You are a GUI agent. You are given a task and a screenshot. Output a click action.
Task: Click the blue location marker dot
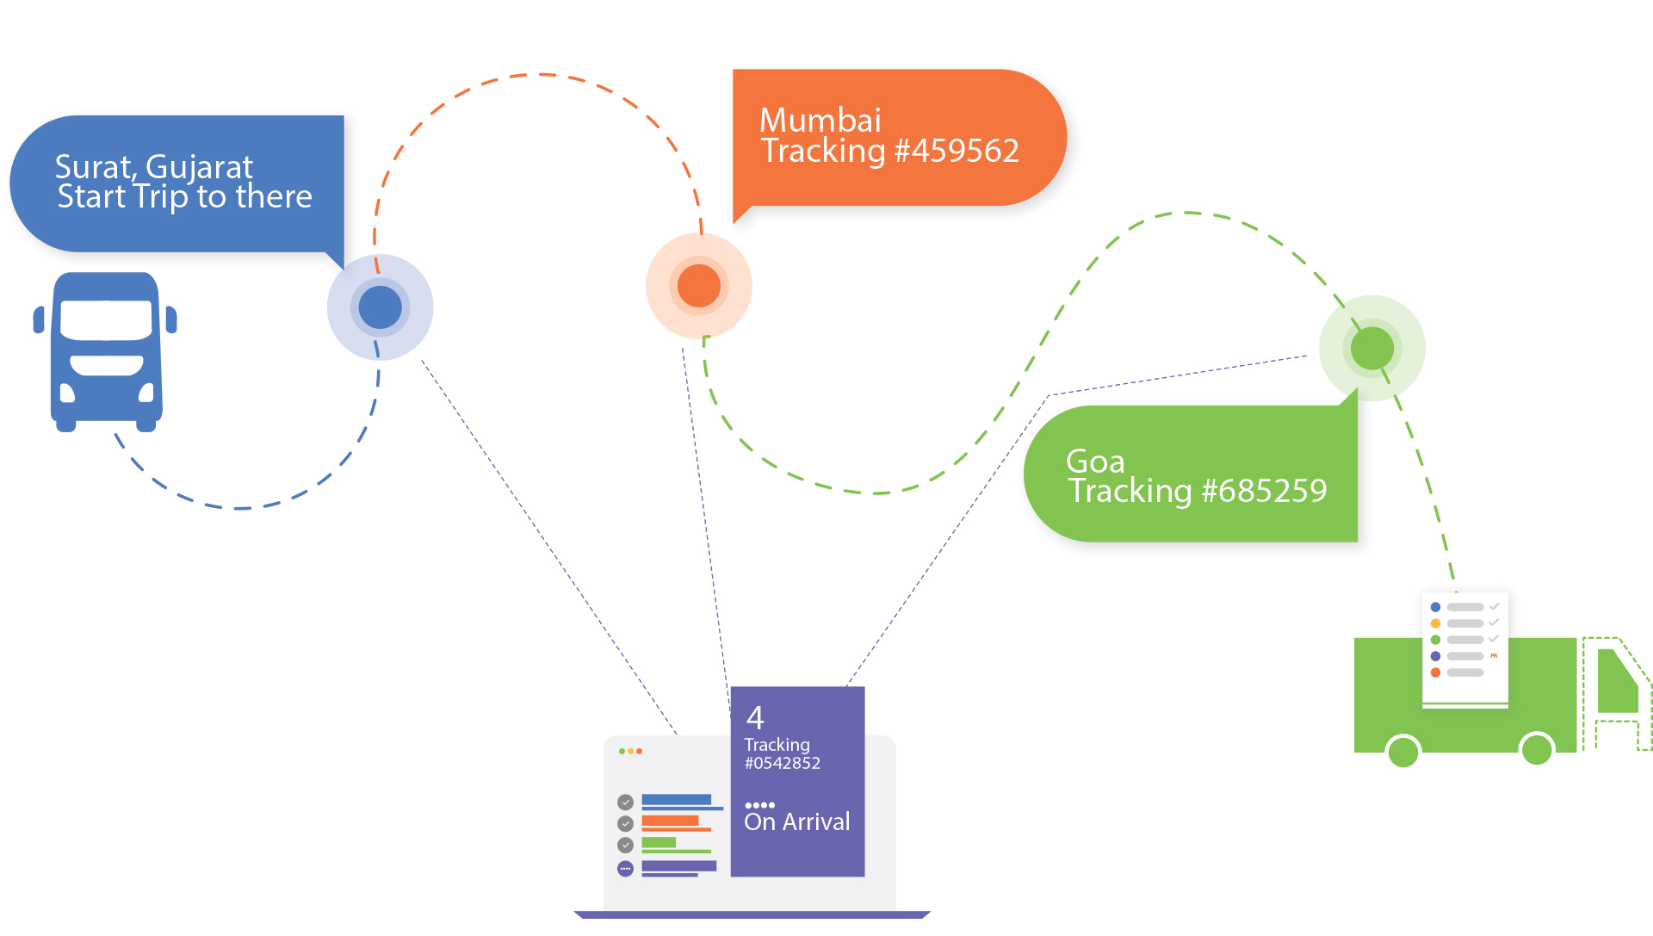tap(380, 307)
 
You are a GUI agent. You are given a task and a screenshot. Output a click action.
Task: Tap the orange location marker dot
tap(698, 286)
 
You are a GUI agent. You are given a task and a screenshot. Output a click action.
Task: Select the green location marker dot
tap(1371, 348)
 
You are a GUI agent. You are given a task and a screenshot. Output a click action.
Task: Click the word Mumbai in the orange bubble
tap(820, 120)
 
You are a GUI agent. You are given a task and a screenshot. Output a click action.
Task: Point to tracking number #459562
tap(957, 152)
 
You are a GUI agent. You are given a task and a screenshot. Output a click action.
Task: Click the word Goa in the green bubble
tap(1095, 462)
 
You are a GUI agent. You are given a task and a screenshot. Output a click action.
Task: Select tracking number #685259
tap(1264, 492)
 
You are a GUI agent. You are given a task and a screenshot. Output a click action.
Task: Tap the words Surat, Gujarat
tap(153, 166)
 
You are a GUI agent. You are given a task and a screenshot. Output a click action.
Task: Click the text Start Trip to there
tap(184, 197)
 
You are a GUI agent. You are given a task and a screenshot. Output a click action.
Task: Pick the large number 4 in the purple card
tap(755, 717)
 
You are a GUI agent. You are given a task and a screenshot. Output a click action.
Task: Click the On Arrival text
tap(796, 822)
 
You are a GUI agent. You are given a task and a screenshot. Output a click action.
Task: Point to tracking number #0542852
tap(782, 764)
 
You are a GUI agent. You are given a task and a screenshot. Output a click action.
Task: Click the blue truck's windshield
tap(107, 319)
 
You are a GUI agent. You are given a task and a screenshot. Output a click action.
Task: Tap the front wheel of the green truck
tap(1537, 750)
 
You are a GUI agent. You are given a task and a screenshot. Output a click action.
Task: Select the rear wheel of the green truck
tap(1403, 752)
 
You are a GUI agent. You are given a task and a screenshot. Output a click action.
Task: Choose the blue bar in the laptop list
tap(676, 800)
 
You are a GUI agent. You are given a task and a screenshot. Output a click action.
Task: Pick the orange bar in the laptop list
tap(670, 821)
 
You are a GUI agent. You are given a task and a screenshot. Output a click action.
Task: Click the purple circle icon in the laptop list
tap(626, 869)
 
